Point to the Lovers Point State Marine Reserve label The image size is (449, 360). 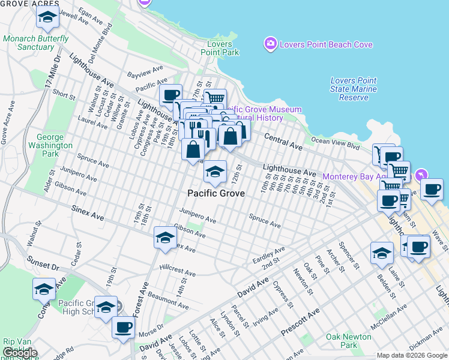tap(354, 89)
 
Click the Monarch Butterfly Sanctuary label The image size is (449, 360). tap(36, 43)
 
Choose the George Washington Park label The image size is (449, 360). tap(50, 145)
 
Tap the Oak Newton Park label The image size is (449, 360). tap(350, 341)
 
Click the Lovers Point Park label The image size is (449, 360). tap(223, 48)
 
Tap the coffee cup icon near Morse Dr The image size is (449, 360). tap(124, 328)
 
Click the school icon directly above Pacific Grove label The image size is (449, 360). tap(214, 173)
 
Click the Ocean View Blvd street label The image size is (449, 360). tap(335, 143)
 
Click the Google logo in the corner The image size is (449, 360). tap(20, 353)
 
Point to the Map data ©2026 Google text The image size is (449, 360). tap(411, 355)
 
